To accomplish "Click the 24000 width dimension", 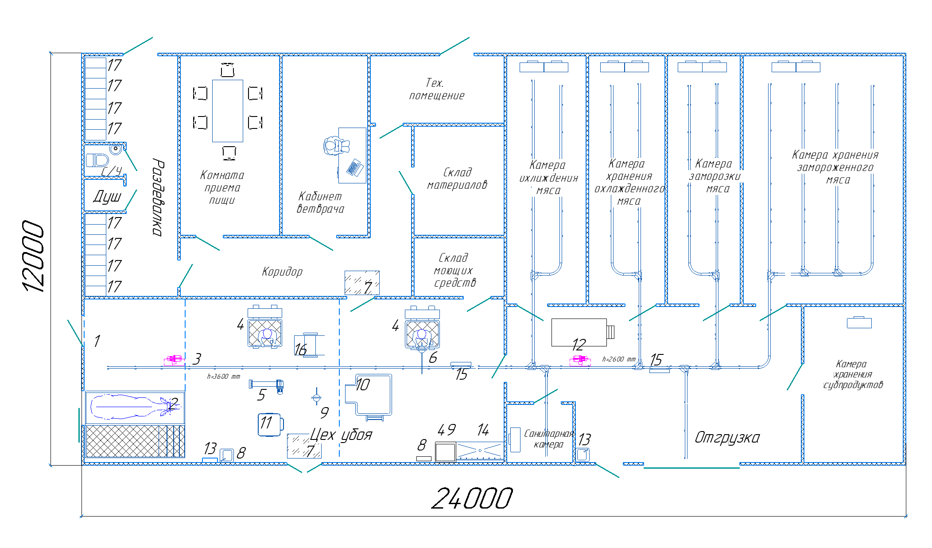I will pyautogui.click(x=472, y=498).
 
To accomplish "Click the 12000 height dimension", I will pyautogui.click(x=34, y=257).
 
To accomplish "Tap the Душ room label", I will pyautogui.click(x=107, y=196).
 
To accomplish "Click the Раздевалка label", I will pyautogui.click(x=158, y=197).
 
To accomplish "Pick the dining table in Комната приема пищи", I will pyautogui.click(x=227, y=111).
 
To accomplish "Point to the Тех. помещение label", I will pyautogui.click(x=436, y=89).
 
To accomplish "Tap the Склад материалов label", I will pyautogui.click(x=457, y=179).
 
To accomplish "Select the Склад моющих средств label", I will pyautogui.click(x=454, y=270).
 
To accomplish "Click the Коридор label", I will pyautogui.click(x=282, y=272).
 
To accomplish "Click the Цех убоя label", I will pyautogui.click(x=341, y=435).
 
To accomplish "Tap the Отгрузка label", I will pyautogui.click(x=727, y=438).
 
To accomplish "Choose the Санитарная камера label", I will pyautogui.click(x=548, y=439).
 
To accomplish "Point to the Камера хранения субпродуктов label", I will pyautogui.click(x=852, y=374).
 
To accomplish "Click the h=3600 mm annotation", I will pyautogui.click(x=223, y=377).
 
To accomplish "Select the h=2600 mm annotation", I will pyautogui.click(x=618, y=359).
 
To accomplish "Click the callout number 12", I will pyautogui.click(x=579, y=345).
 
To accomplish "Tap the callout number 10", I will pyautogui.click(x=362, y=385).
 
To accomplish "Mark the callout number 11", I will pyautogui.click(x=266, y=423).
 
